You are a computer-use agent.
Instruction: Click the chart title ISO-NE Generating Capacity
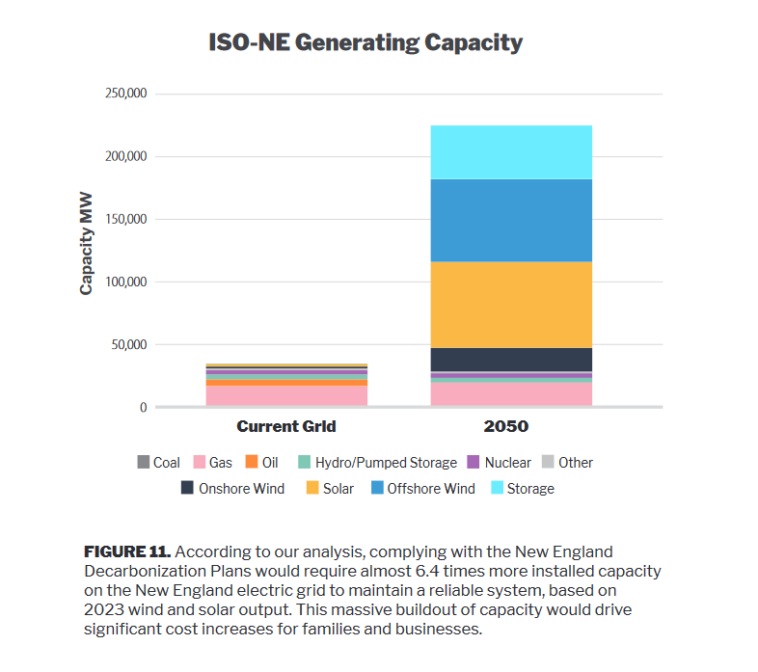click(365, 43)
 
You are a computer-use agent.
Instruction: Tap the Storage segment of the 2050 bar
click(511, 152)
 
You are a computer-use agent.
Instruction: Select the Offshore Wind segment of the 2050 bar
click(511, 221)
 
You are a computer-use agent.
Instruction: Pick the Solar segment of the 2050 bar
click(511, 305)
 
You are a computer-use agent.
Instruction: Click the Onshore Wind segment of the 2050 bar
click(511, 360)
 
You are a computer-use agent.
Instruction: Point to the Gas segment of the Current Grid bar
click(286, 395)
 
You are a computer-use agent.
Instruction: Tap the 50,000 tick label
click(127, 344)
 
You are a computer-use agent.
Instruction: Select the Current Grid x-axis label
click(286, 425)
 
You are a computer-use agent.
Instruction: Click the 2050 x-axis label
click(511, 425)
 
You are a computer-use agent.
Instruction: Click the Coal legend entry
click(158, 463)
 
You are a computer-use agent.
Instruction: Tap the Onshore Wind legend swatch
click(188, 489)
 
